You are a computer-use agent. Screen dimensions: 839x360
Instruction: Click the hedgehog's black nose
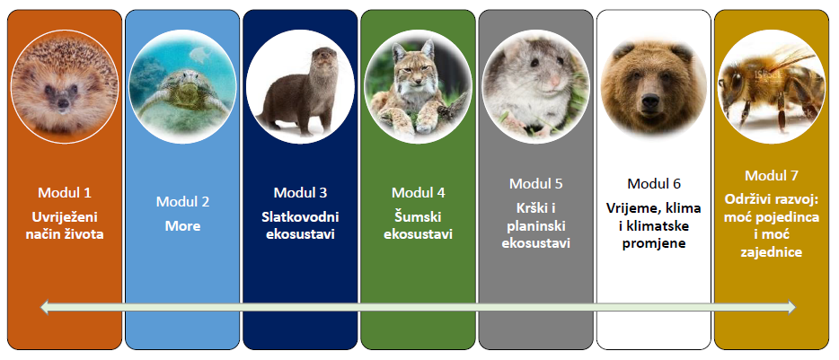63,102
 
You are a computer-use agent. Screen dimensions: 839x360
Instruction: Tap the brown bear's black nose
650,100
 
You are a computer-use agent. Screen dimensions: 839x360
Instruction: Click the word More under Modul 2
182,225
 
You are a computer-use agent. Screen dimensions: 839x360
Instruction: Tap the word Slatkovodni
300,216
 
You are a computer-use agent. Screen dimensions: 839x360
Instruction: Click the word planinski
536,225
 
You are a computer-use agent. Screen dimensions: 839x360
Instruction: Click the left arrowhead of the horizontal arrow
45,307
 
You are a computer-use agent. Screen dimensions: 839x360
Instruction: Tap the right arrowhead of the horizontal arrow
790,307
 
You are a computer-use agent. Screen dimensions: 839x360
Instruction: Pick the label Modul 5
536,183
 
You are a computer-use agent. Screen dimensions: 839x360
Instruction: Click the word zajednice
771,251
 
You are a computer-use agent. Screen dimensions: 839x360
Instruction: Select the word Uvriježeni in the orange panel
64,217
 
